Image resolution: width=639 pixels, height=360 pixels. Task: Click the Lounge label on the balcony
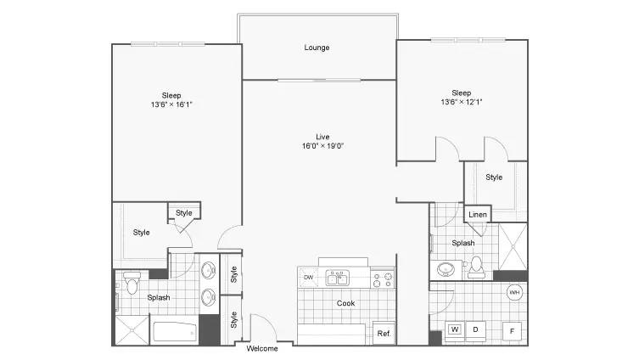click(x=317, y=48)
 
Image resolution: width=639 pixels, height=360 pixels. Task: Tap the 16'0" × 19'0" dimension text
click(x=322, y=145)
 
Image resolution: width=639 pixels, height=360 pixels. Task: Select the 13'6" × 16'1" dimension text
click(x=171, y=104)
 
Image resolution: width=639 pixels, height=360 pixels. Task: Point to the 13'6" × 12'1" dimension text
click(x=462, y=102)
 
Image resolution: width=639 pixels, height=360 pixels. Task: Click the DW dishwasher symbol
click(x=309, y=278)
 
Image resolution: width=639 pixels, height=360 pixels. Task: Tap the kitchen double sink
click(x=337, y=278)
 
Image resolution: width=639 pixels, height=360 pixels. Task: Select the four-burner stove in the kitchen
click(x=383, y=279)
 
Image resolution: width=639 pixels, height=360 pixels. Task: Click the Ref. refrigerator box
click(x=384, y=333)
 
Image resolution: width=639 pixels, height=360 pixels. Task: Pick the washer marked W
click(x=455, y=329)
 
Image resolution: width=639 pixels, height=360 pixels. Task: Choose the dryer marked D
click(x=475, y=329)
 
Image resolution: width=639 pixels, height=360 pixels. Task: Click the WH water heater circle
click(x=514, y=292)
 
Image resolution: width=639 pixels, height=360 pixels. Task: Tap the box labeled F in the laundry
click(x=512, y=331)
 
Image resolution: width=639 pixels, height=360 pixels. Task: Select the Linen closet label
click(x=478, y=215)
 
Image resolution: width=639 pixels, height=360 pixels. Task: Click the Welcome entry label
click(x=262, y=349)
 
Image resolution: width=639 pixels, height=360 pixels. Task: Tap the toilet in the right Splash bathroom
click(x=476, y=267)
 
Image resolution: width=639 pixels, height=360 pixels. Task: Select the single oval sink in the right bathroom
click(x=446, y=269)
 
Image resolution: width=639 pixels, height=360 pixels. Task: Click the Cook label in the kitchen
click(x=345, y=303)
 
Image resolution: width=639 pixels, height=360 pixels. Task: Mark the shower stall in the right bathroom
click(x=513, y=247)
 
